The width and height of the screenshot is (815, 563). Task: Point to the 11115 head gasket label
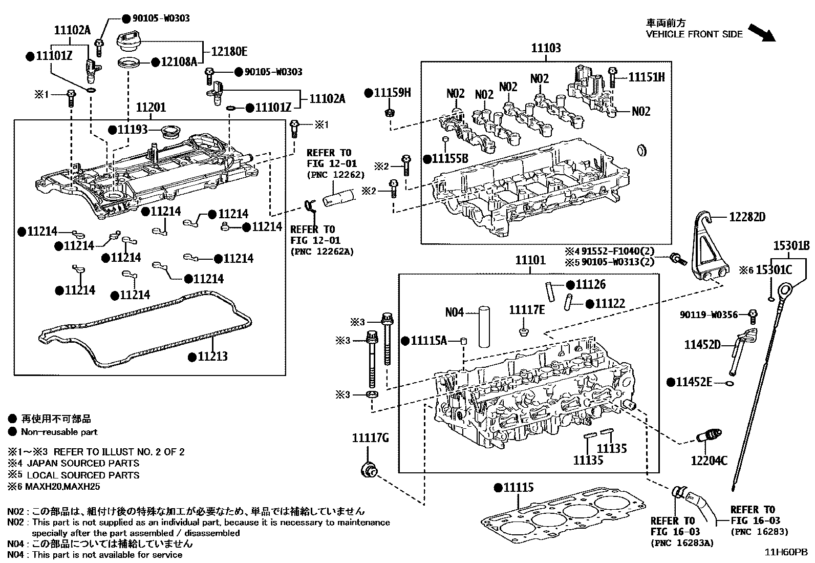coord(518,487)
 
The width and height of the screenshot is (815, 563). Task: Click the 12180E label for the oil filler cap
coord(229,51)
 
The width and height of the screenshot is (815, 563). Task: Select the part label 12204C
coord(709,461)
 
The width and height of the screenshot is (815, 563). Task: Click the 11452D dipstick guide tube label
coord(702,345)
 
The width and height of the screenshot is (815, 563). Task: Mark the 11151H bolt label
coord(646,77)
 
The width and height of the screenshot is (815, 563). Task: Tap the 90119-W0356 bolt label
coord(709,315)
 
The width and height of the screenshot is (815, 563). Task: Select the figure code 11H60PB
coord(786,552)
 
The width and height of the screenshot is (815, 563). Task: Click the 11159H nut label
coord(392,93)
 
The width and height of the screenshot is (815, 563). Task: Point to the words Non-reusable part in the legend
coord(59,432)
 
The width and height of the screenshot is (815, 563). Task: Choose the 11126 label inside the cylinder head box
coord(590,284)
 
